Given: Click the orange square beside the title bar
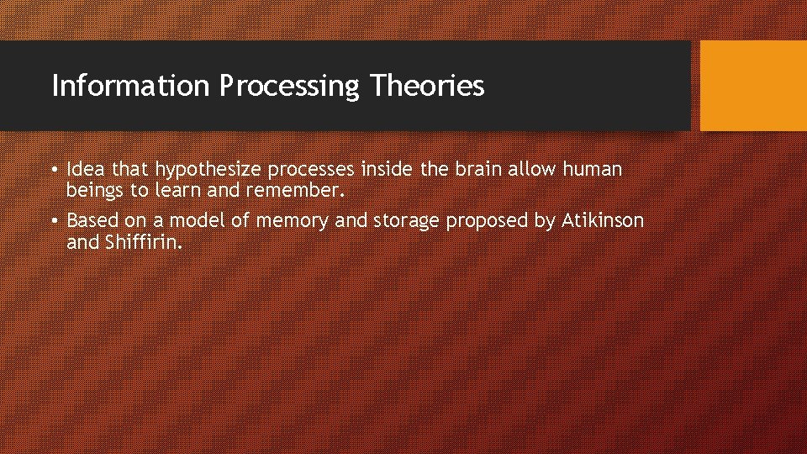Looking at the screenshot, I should point(752,86).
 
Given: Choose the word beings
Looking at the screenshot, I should point(95,191).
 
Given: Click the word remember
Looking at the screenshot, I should point(295,191).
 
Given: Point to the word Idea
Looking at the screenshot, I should point(84,170).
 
